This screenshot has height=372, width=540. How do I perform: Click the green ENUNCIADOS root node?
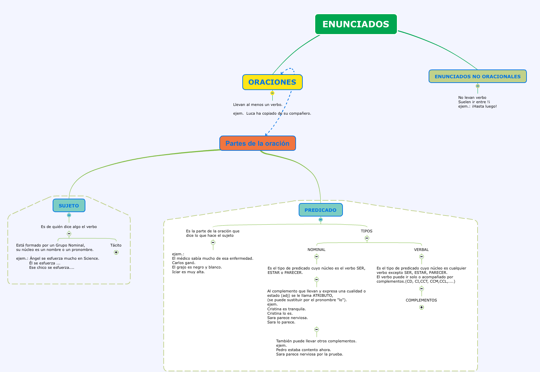(356, 24)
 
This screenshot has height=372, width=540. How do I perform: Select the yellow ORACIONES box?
(272, 82)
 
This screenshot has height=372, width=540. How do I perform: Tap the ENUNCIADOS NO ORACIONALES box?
(478, 77)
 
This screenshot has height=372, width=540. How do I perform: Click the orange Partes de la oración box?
(258, 143)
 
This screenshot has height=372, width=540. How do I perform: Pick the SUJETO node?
(69, 206)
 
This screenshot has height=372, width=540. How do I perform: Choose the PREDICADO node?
(321, 210)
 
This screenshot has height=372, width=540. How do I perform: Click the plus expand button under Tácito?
(116, 252)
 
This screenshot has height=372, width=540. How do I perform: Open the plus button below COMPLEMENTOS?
(422, 307)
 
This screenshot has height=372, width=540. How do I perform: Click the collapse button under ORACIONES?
(272, 93)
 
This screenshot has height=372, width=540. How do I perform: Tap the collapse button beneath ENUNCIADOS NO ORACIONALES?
(478, 86)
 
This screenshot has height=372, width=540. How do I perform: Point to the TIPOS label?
(367, 231)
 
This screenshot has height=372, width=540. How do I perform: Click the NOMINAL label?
(317, 250)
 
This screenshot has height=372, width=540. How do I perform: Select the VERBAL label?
(422, 250)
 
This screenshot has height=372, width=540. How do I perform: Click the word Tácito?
(116, 245)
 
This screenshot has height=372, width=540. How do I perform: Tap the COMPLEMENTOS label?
(421, 300)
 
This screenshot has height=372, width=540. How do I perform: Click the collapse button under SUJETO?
(69, 215)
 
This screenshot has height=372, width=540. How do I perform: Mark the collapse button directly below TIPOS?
(367, 238)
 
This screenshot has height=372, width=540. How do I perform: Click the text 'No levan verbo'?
(472, 97)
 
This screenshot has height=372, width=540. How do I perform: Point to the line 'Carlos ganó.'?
(184, 263)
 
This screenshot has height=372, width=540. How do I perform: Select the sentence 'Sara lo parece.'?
(281, 322)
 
